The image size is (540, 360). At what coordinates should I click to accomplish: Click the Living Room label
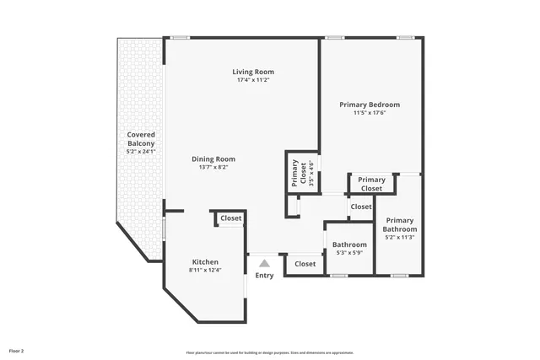(253, 72)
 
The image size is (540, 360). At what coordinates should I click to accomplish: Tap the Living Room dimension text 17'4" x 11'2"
(253, 80)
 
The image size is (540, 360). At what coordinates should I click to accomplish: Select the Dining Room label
(213, 159)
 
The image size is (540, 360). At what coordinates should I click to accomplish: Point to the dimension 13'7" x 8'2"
(213, 167)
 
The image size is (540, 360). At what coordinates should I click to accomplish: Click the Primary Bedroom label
(370, 105)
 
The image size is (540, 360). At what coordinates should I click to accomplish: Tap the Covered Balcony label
(141, 139)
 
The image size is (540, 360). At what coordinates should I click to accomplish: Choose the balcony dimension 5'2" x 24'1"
(141, 152)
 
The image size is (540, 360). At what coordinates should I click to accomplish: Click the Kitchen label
(205, 261)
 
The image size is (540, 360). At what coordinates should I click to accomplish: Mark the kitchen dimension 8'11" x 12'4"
(205, 270)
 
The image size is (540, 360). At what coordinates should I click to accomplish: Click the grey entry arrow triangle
(264, 264)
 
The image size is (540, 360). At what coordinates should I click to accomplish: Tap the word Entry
(264, 276)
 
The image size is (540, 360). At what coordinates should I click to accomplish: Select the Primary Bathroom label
(400, 224)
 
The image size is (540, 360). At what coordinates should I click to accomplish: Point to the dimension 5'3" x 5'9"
(348, 252)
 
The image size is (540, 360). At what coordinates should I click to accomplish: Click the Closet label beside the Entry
(305, 264)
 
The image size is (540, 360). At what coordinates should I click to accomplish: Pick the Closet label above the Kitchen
(230, 218)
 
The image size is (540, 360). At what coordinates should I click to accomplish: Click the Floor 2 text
(17, 350)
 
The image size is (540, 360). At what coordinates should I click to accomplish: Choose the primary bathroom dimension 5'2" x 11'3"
(400, 238)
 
